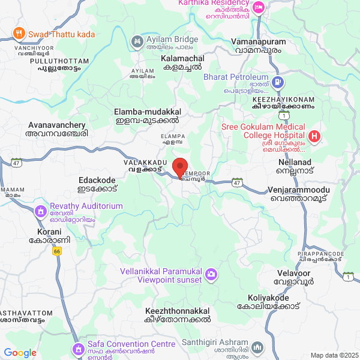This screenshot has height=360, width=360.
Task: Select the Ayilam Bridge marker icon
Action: [136, 41]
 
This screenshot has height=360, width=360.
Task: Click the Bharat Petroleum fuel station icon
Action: [278, 82]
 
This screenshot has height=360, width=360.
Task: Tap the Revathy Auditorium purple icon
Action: [40, 211]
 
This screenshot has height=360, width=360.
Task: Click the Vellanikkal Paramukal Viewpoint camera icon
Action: [211, 275]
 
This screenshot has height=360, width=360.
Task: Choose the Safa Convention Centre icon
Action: [78, 348]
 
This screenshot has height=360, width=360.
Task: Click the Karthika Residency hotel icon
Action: [259, 8]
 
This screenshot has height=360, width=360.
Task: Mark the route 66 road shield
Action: [57, 250]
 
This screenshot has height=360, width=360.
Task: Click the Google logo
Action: [20, 353]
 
